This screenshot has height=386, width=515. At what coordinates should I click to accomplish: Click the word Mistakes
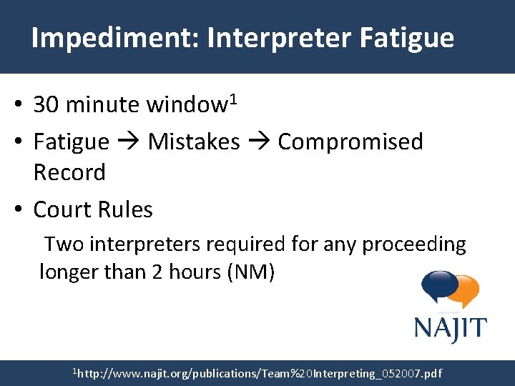(x=194, y=142)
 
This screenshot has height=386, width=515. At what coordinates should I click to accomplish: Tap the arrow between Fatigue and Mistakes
(x=128, y=143)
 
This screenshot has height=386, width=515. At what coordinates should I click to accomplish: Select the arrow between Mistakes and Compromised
(x=259, y=143)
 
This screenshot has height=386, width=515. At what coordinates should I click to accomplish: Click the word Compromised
(x=350, y=142)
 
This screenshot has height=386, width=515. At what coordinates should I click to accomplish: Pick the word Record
(x=69, y=172)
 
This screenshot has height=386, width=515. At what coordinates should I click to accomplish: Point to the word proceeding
(x=414, y=244)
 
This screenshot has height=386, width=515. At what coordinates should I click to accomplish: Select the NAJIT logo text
(x=450, y=329)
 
